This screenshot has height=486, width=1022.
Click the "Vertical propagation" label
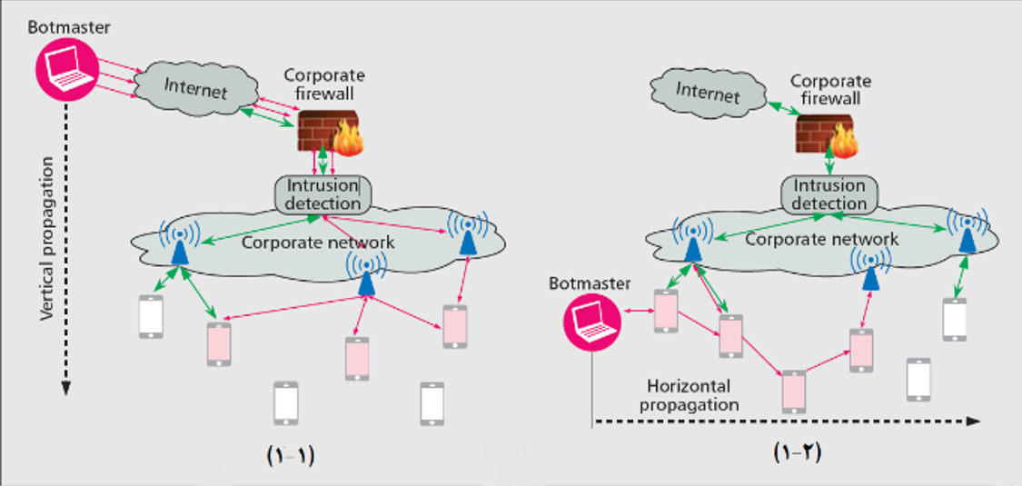pyautogui.click(x=47, y=238)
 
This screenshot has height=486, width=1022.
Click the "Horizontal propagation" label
pyautogui.click(x=689, y=395)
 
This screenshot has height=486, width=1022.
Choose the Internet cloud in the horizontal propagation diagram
pyautogui.click(x=709, y=94)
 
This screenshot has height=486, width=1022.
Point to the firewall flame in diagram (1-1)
pyautogui.click(x=348, y=139)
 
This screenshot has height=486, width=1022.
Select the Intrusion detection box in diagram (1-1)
pyautogui.click(x=322, y=194)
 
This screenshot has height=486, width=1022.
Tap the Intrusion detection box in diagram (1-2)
pyautogui.click(x=829, y=194)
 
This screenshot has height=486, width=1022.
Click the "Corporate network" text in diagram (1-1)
pyautogui.click(x=318, y=243)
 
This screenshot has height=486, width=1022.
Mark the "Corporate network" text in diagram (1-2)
pyautogui.click(x=822, y=239)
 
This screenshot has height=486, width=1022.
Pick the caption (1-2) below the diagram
pyautogui.click(x=797, y=452)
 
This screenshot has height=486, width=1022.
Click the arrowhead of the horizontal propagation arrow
pyautogui.click(x=973, y=422)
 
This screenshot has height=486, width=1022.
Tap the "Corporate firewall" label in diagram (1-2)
pyautogui.click(x=829, y=90)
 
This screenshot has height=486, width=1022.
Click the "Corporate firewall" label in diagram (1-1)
pyautogui.click(x=324, y=84)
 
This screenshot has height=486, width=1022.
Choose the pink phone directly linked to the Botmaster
pyautogui.click(x=666, y=312)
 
